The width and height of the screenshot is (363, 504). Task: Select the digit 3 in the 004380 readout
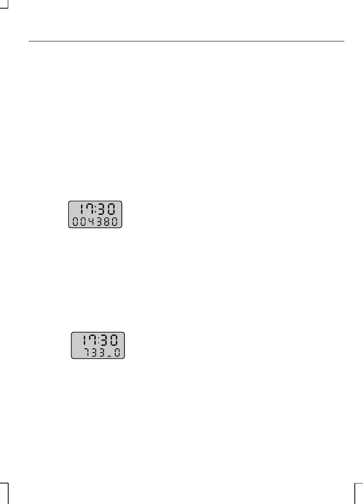pyautogui.click(x=100, y=222)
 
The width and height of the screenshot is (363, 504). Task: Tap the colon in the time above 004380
pyautogui.click(x=96, y=210)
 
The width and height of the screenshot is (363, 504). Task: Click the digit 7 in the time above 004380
pyautogui.click(x=90, y=210)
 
